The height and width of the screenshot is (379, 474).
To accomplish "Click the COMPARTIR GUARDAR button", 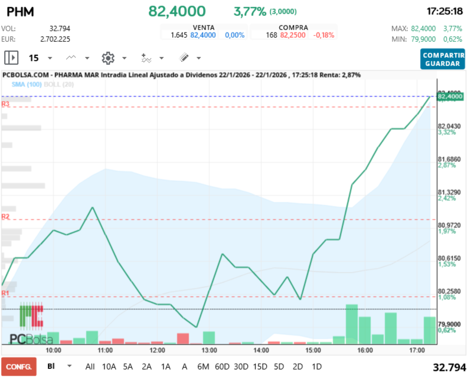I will pos(443,59).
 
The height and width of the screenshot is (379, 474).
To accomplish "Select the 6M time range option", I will pos(203,366).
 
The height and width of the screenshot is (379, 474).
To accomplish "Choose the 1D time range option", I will pos(316,366).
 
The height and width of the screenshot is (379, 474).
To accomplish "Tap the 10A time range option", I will pos(109,366).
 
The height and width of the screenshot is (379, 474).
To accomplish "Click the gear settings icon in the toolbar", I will pos(107,58).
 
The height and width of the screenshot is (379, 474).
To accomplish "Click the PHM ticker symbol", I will pos(21,11).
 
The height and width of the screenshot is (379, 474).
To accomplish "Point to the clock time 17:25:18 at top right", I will pos(444,11).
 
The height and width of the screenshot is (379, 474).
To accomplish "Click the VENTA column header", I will pos(203,27).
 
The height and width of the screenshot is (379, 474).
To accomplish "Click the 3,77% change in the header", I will pos(250,11).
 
